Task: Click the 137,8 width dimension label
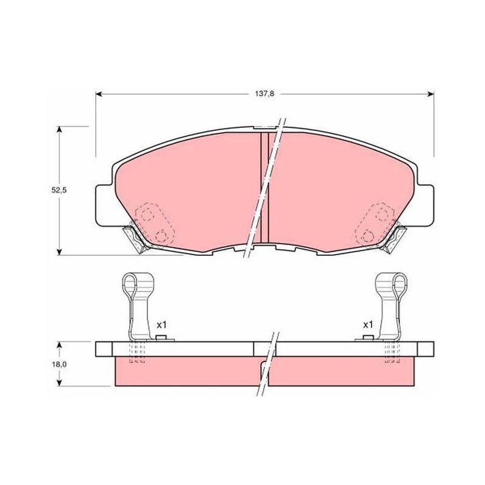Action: (x=264, y=94)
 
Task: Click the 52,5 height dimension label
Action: (x=59, y=190)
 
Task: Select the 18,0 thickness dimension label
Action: (x=59, y=364)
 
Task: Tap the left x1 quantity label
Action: (x=161, y=325)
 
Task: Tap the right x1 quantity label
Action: (x=368, y=325)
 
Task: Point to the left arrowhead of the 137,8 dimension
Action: (x=99, y=94)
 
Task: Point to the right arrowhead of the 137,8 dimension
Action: (x=430, y=94)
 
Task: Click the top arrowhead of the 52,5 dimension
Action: (x=59, y=130)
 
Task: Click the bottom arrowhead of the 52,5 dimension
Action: (x=59, y=252)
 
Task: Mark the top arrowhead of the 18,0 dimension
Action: (x=59, y=345)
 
